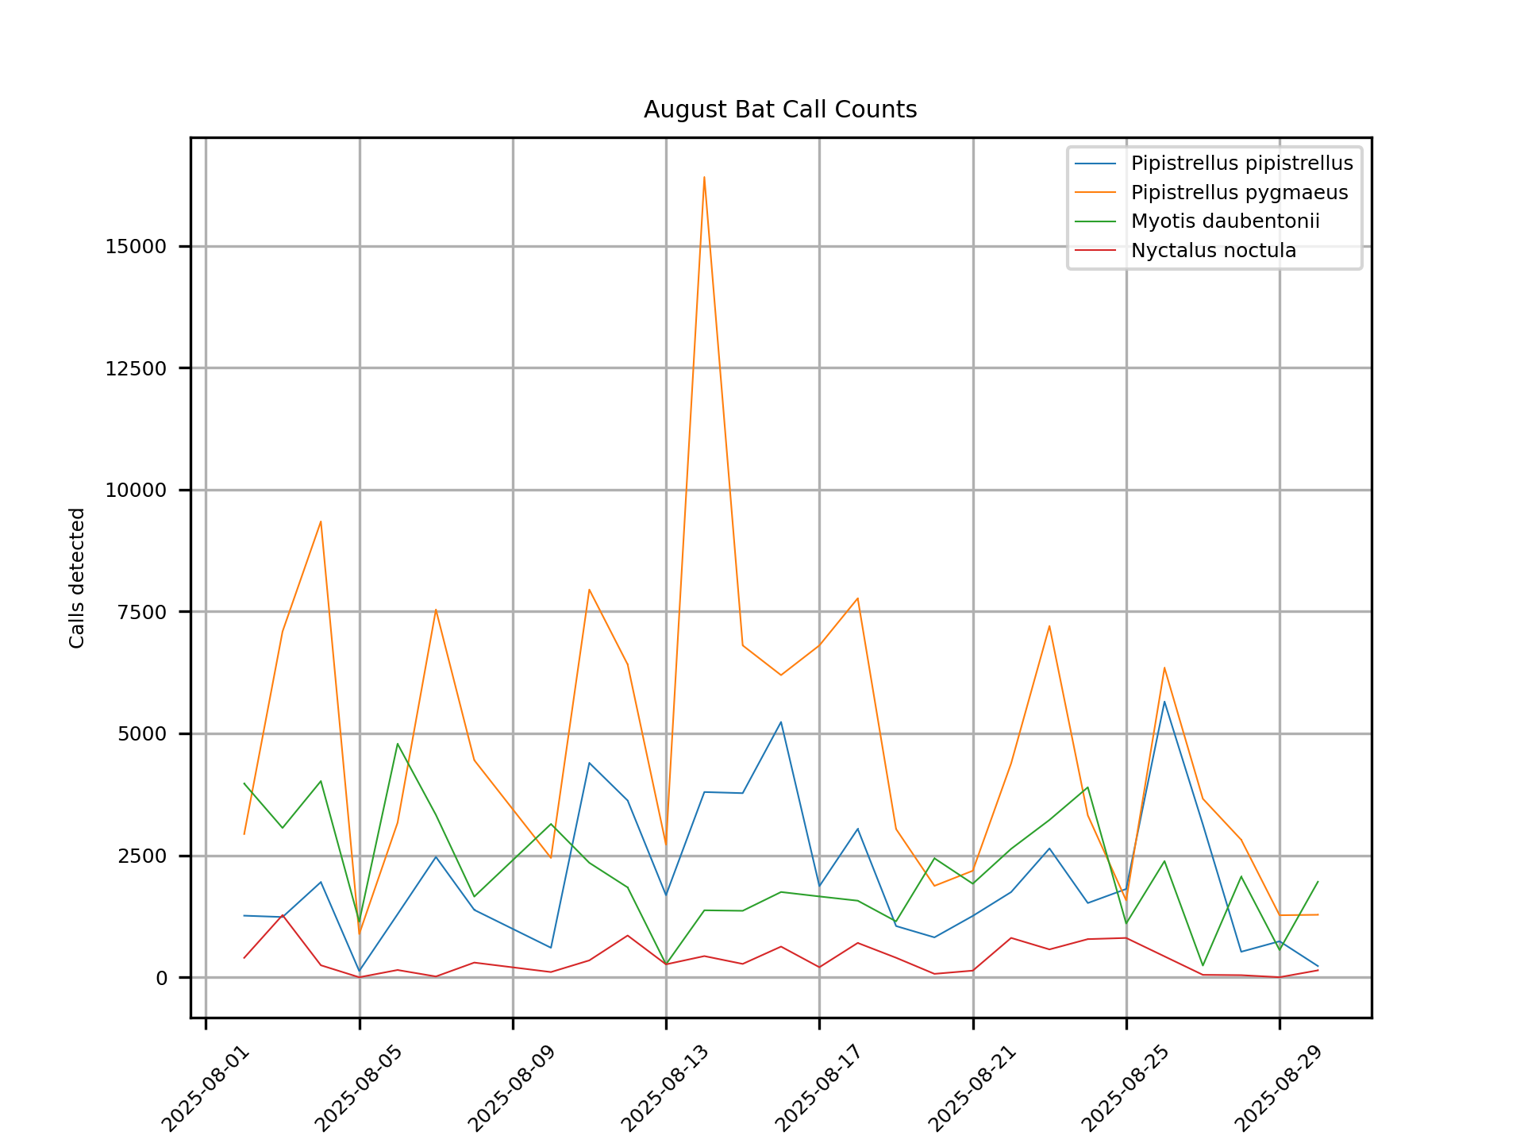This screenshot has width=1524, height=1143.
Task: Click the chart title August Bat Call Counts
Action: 779,110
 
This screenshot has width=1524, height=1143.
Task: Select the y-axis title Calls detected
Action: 77,578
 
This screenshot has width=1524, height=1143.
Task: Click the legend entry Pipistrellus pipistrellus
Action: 1241,164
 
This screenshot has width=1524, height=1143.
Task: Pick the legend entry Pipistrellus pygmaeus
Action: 1239,193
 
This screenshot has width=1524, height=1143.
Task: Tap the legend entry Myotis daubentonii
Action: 1225,221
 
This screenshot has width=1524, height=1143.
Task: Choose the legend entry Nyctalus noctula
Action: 1213,251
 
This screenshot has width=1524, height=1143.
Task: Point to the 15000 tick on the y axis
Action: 136,247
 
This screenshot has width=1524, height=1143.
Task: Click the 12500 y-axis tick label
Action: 136,368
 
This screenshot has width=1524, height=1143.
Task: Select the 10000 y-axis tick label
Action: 136,491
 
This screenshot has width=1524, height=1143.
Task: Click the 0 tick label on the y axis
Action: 162,978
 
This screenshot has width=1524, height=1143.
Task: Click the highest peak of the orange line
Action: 704,177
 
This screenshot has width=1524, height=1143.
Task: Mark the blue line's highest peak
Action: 1164,701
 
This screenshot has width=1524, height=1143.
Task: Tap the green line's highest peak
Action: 398,744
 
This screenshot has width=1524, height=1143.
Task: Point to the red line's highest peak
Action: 283,914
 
